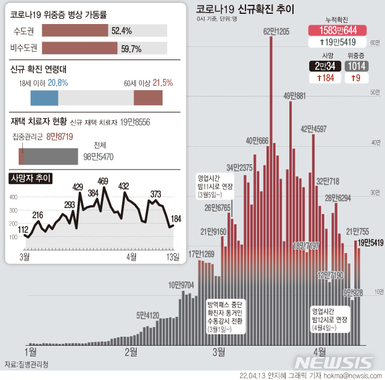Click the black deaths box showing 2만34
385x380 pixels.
point(325,66)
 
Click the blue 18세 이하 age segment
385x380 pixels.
point(44,97)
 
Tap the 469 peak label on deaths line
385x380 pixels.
point(103,180)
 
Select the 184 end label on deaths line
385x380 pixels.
point(176,218)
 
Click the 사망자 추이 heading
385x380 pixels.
point(31,178)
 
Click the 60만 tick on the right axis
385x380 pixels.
point(375,42)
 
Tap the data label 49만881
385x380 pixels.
point(295,95)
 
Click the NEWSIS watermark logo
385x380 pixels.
point(334,363)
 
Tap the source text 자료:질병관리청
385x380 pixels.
point(27,364)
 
